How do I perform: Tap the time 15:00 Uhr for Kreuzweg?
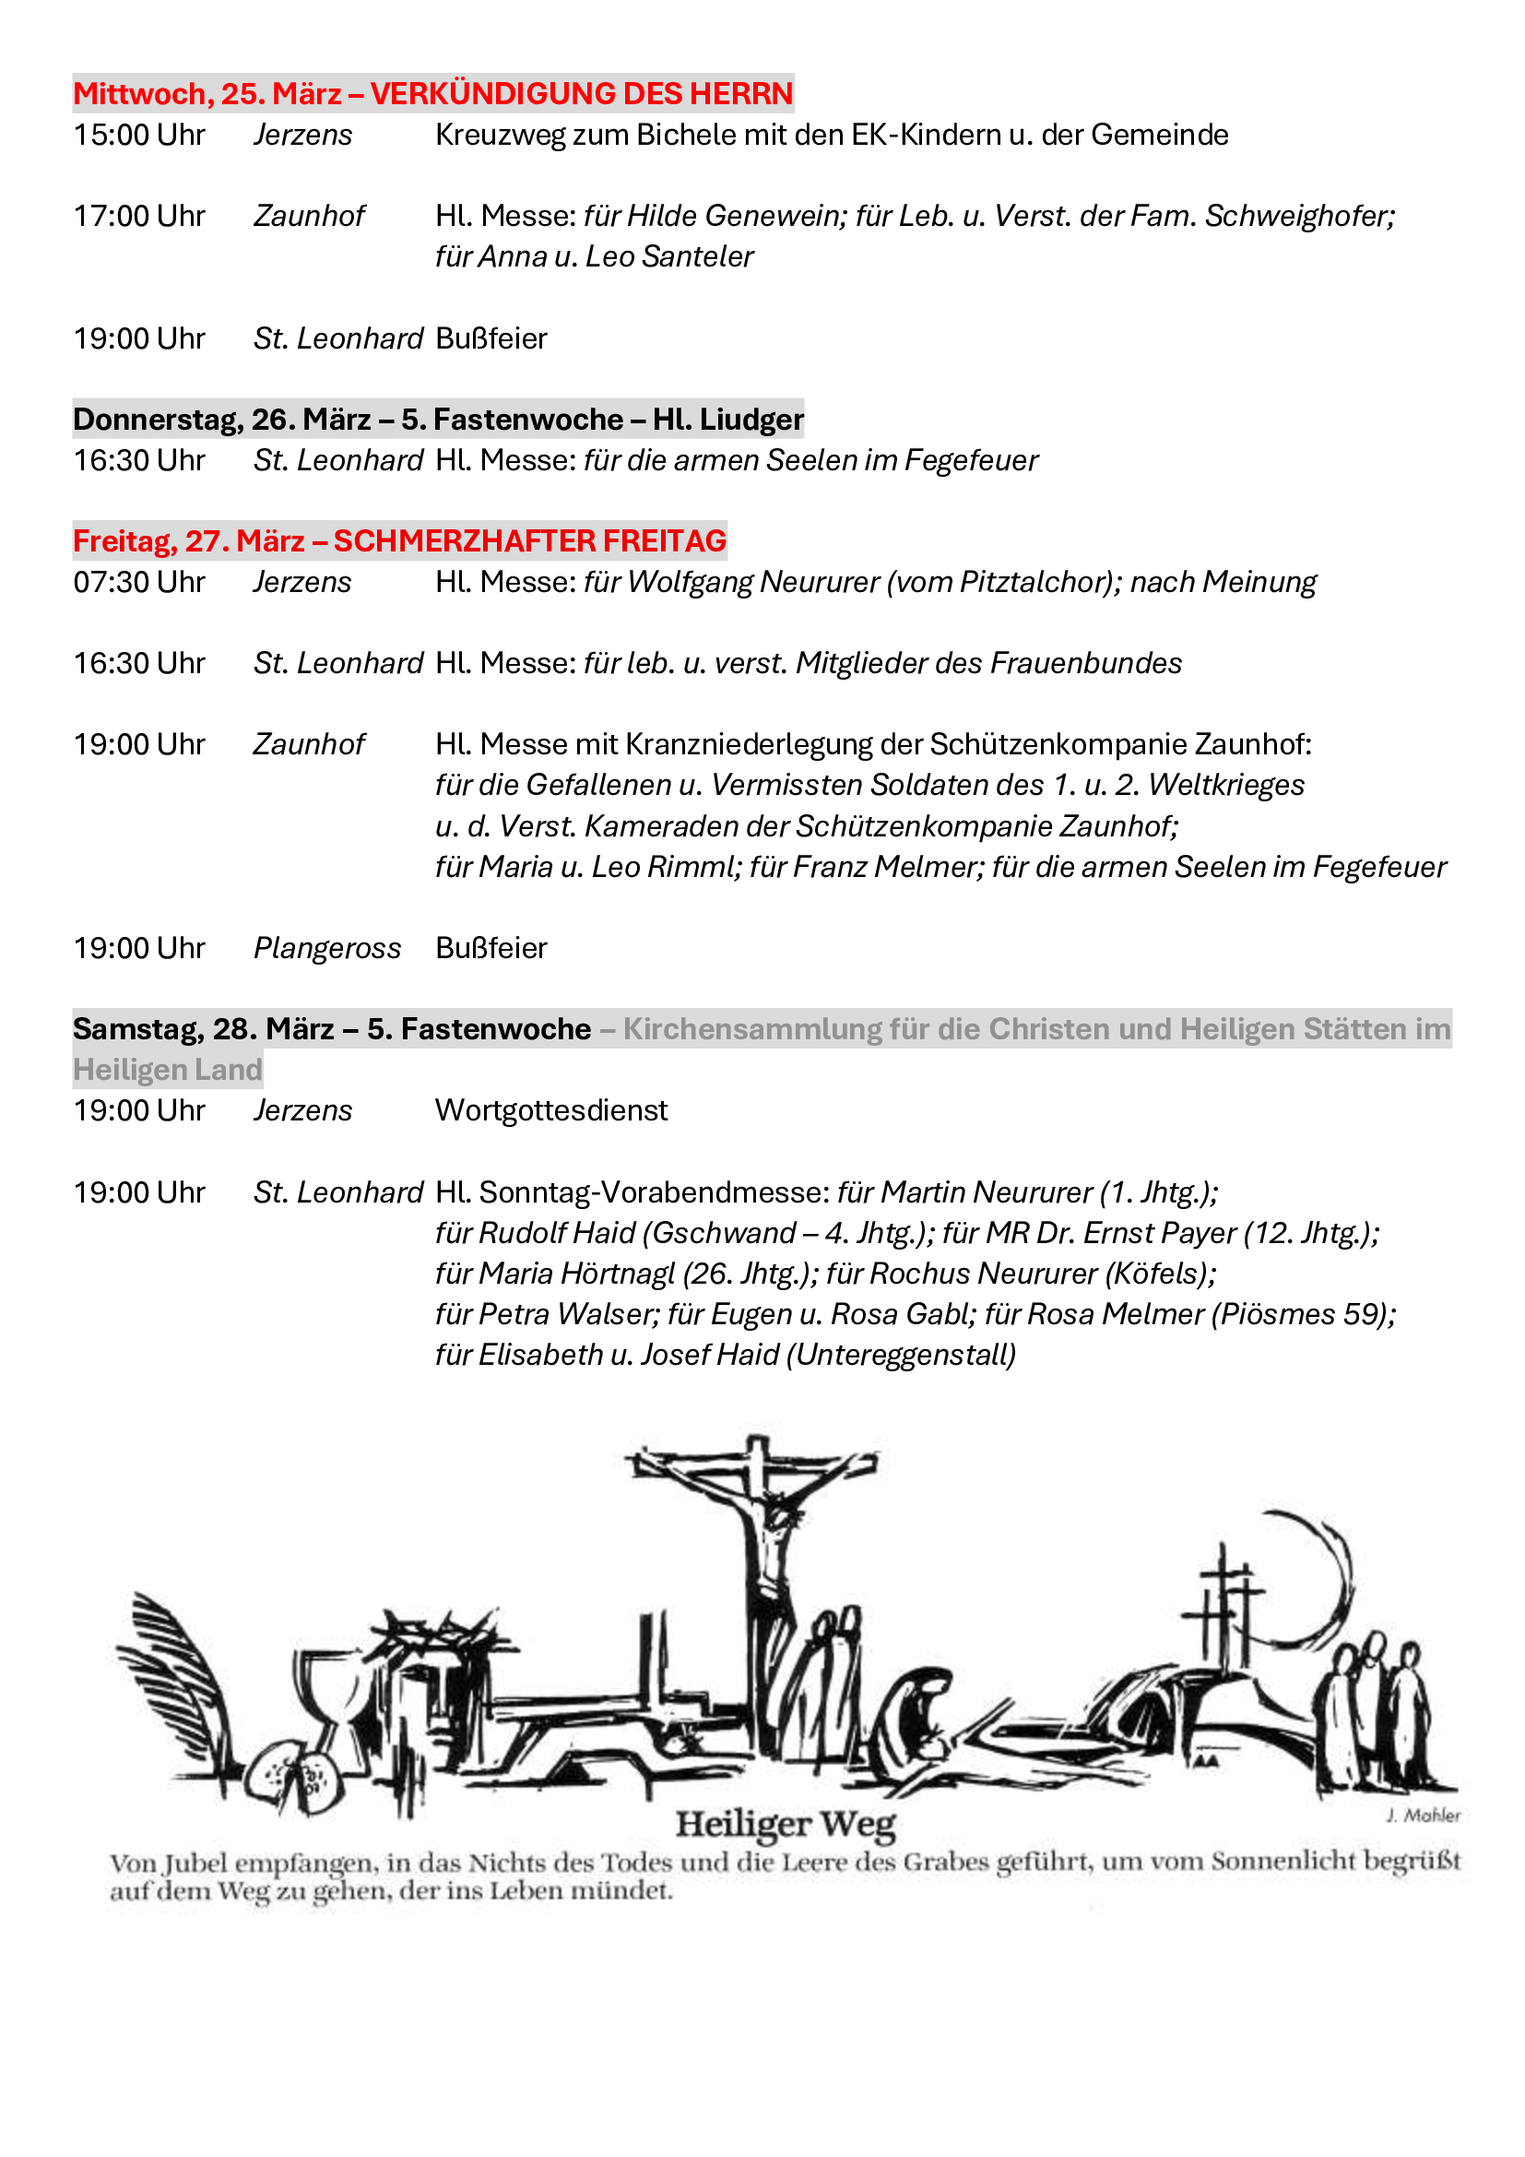click(139, 136)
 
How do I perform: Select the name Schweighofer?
click(1300, 216)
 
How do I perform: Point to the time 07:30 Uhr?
click(139, 583)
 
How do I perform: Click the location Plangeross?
click(326, 948)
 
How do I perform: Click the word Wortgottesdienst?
click(551, 1110)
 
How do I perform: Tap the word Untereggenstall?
click(901, 1355)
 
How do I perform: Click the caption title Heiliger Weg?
click(785, 1823)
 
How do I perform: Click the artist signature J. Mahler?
click(1423, 1815)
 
